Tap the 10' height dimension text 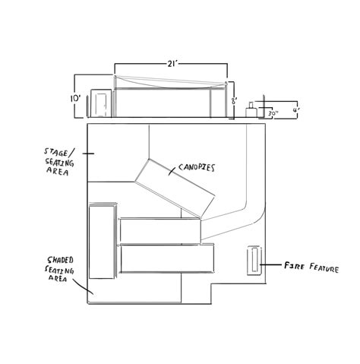pyautogui.click(x=75, y=99)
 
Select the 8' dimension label pyautogui.click(x=234, y=101)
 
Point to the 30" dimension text pyautogui.click(x=273, y=113)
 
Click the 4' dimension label pyautogui.click(x=296, y=111)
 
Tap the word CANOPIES pyautogui.click(x=197, y=167)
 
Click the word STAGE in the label pyautogui.click(x=56, y=153)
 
